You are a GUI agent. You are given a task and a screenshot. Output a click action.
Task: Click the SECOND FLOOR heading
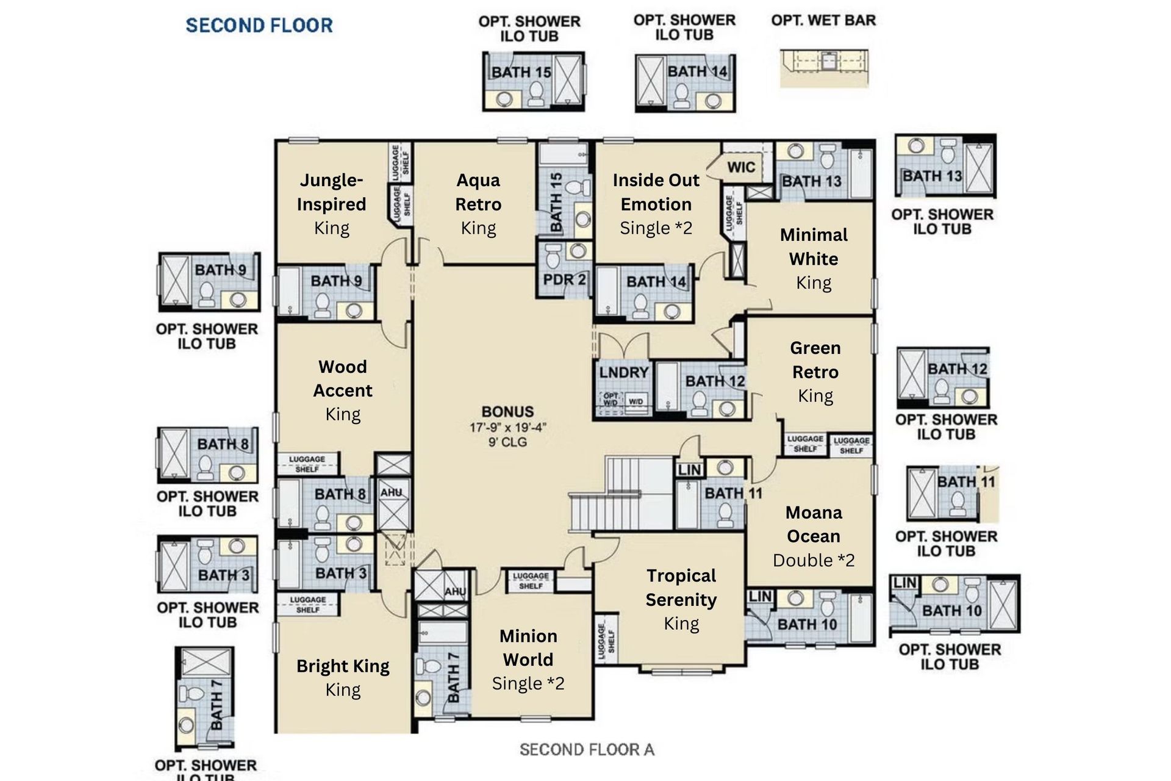(x=259, y=26)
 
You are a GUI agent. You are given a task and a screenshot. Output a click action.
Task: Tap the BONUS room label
(x=507, y=412)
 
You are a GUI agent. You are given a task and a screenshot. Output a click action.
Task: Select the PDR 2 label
(x=564, y=279)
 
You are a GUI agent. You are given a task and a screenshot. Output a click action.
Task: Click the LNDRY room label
(x=623, y=373)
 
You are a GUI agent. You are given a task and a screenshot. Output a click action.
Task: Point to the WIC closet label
(x=741, y=167)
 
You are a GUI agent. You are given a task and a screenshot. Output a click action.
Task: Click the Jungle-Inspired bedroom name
(x=331, y=192)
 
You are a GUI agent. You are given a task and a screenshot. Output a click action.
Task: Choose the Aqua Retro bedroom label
(x=478, y=192)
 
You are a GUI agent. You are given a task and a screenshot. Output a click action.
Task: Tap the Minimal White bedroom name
(x=814, y=247)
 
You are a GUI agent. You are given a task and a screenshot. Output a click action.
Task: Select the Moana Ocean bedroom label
(x=814, y=524)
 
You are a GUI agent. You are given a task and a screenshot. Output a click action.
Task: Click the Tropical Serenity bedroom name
(x=681, y=588)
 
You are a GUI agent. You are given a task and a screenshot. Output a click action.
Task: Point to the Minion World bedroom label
(x=528, y=647)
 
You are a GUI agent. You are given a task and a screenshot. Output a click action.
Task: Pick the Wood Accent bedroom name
(x=343, y=378)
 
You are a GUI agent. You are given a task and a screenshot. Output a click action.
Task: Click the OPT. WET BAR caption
(x=823, y=21)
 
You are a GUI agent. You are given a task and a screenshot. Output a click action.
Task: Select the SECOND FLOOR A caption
(x=587, y=749)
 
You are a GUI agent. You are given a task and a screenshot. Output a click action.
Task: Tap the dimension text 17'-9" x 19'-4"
(x=507, y=428)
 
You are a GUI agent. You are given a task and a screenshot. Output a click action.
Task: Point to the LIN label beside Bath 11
(x=689, y=469)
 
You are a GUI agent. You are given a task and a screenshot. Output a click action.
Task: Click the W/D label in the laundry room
(x=636, y=402)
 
